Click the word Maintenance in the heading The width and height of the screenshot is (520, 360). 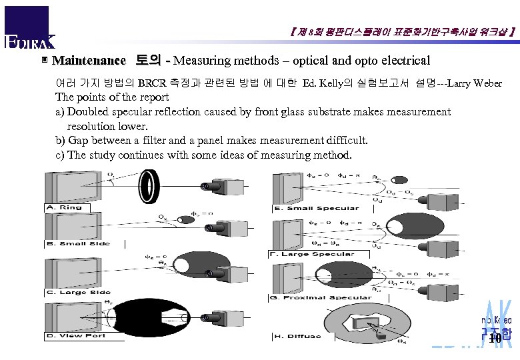pyautogui.click(x=89, y=61)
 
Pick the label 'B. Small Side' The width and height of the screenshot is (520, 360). pyautogui.click(x=77, y=243)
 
